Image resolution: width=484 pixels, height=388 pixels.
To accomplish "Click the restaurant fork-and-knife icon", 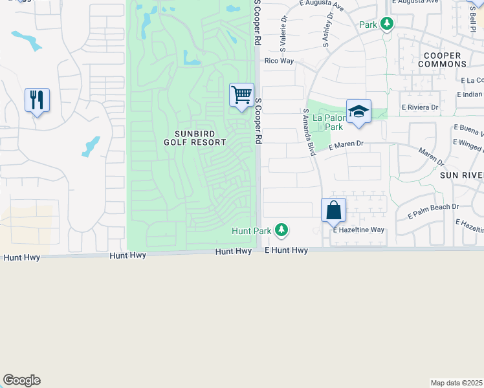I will [x=37, y=100].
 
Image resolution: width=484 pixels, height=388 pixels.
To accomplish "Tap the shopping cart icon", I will [x=241, y=94].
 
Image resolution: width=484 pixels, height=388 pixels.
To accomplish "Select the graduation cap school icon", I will [x=358, y=111].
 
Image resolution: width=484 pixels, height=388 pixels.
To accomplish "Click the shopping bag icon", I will [x=333, y=210].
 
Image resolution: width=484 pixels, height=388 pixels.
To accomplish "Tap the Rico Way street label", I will [x=279, y=61].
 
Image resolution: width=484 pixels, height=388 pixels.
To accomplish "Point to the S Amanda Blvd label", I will [x=309, y=132].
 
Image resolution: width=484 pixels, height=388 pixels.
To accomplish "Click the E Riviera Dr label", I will [x=420, y=107].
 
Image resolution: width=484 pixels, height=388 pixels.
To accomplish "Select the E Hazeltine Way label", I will [x=358, y=230].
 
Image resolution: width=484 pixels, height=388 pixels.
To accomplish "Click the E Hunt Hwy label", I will [x=286, y=250].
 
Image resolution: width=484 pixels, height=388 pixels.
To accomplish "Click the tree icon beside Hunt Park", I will [x=281, y=229].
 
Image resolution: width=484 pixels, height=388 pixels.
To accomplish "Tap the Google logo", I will [x=21, y=380].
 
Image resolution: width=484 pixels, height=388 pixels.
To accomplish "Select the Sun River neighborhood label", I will [x=461, y=175].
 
